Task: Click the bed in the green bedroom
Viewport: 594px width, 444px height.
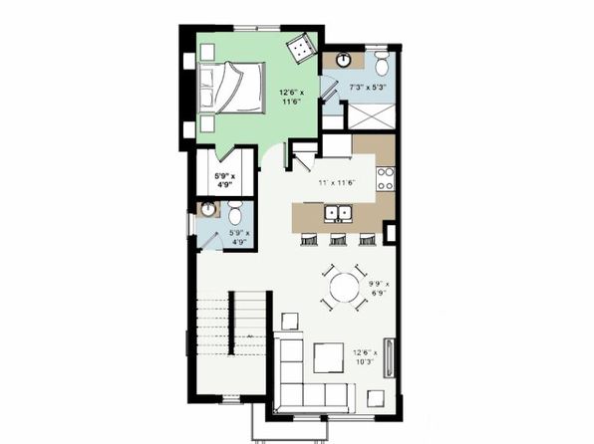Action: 231,88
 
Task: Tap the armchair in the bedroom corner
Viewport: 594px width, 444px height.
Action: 302,48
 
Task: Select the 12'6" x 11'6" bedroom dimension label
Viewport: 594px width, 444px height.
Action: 291,97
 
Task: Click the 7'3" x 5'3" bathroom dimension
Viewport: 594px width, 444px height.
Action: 367,87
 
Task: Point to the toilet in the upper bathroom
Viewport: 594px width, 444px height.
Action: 381,63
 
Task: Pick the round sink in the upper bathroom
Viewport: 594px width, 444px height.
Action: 344,60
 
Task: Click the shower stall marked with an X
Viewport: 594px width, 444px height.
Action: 371,116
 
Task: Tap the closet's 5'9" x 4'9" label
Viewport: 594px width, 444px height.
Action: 225,180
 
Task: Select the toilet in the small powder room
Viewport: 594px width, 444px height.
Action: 235,213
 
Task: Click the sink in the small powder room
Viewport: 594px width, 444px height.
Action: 207,209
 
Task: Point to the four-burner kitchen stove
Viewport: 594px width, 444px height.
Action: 386,178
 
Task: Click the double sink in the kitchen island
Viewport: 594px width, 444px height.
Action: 338,213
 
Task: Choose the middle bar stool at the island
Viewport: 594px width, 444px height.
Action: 338,239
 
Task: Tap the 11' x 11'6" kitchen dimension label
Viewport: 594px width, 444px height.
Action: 337,183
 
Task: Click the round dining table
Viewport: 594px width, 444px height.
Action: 344,288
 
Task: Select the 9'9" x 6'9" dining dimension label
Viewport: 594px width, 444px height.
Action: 380,288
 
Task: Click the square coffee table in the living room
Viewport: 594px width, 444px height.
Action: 329,358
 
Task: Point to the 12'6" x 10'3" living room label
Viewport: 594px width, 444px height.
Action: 365,356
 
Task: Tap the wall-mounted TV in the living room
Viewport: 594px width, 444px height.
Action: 389,357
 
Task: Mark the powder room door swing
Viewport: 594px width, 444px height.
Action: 211,241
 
